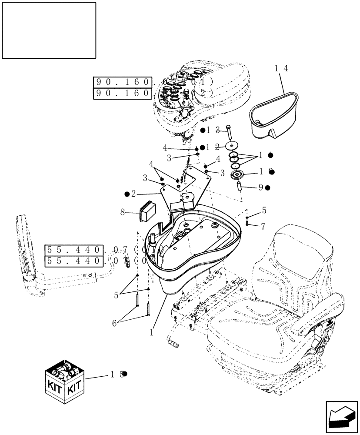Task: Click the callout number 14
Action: click(281, 69)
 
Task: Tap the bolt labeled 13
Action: click(229, 133)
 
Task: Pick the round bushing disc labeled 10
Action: click(237, 174)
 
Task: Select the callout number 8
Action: click(123, 212)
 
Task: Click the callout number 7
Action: click(263, 226)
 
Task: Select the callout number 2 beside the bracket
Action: click(133, 193)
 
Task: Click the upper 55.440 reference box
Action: click(74, 250)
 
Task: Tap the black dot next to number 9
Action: click(268, 188)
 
